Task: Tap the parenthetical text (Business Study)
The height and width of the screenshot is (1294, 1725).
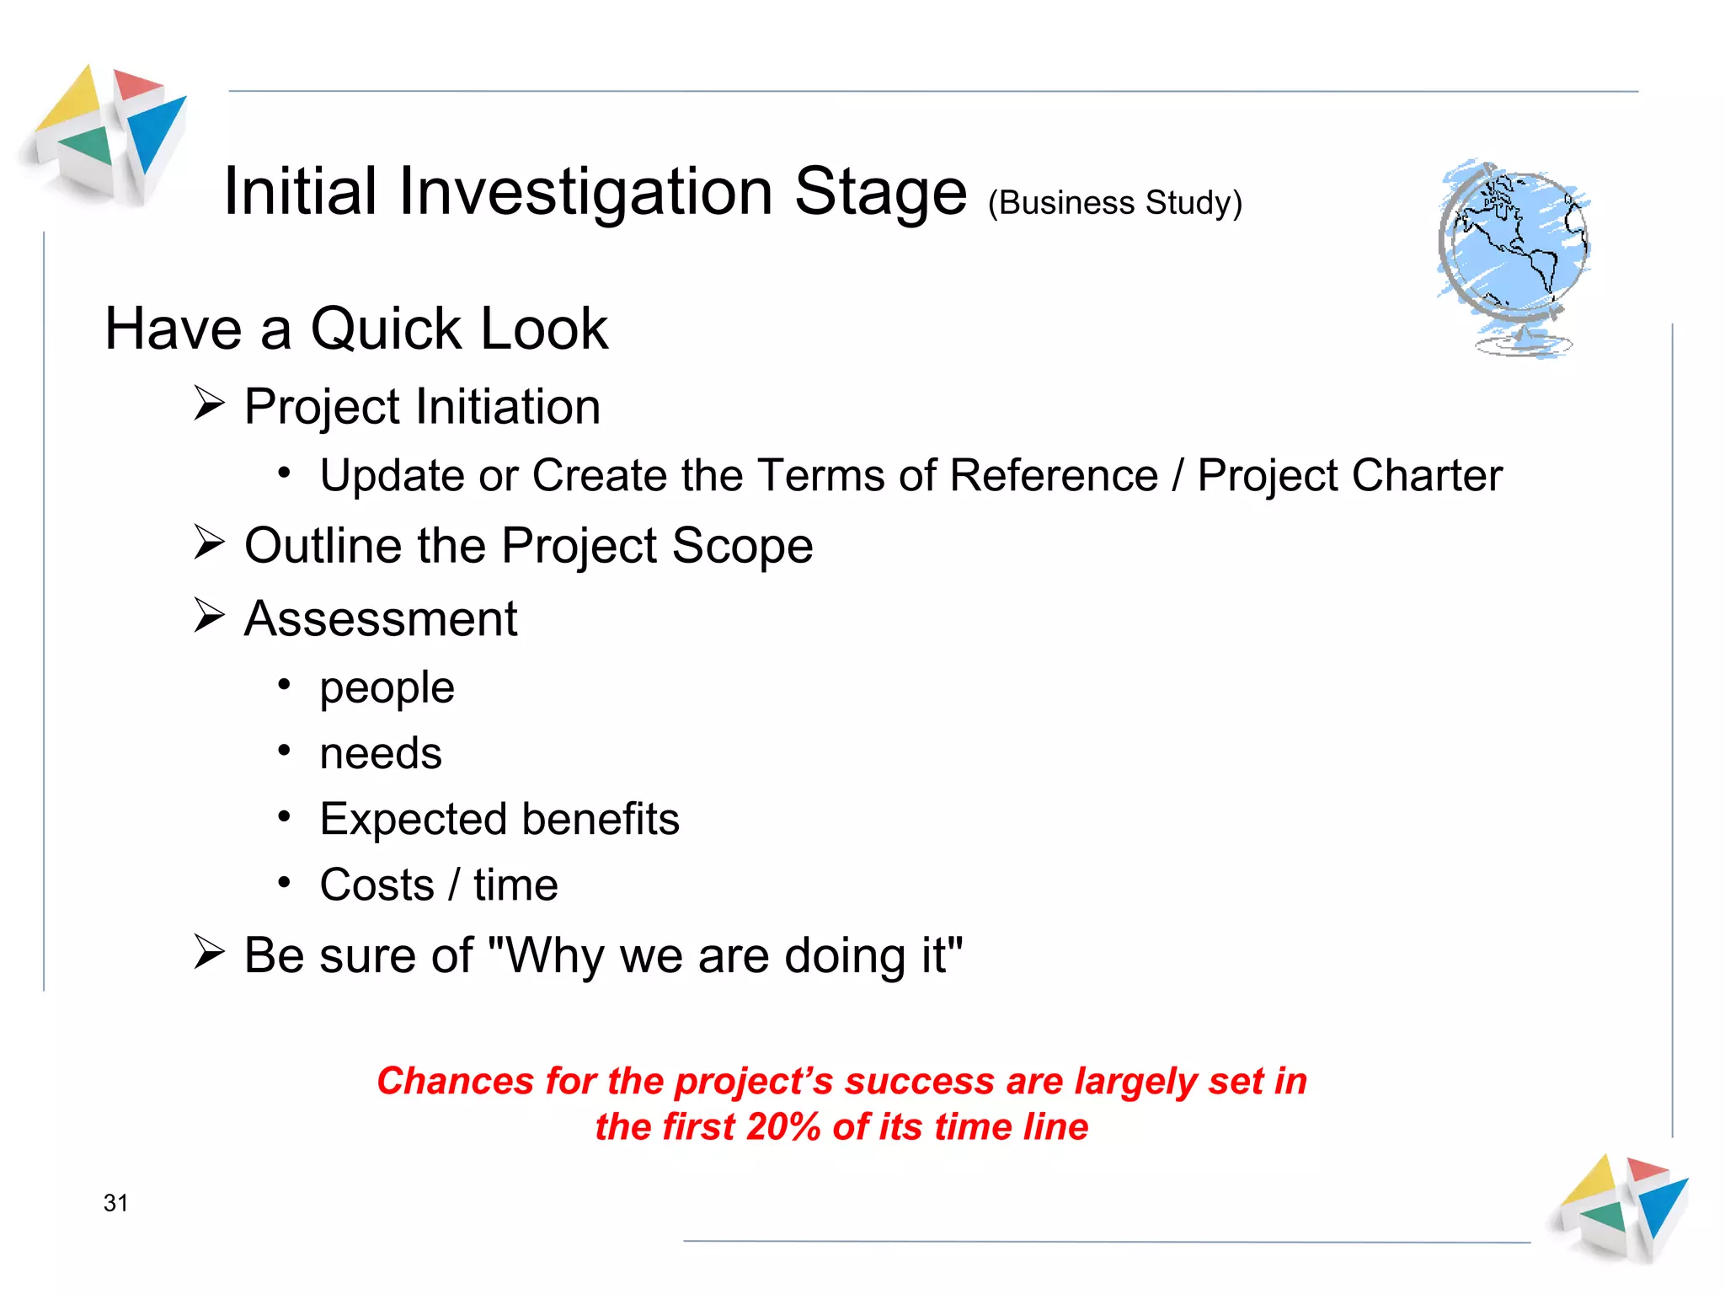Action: click(x=1114, y=203)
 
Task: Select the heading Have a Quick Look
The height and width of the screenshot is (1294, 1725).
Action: click(x=355, y=329)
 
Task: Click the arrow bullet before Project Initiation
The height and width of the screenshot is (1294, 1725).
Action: click(x=209, y=404)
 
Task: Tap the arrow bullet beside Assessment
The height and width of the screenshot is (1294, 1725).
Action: click(x=209, y=616)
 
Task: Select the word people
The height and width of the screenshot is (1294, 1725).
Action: click(x=387, y=688)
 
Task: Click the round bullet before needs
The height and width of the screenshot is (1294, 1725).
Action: click(x=285, y=750)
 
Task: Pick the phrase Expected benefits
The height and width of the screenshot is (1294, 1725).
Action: click(x=499, y=819)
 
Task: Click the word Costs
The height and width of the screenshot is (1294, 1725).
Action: click(x=377, y=885)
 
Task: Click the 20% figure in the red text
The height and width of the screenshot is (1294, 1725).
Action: click(x=782, y=1127)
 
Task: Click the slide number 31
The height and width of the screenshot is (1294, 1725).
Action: click(x=115, y=1203)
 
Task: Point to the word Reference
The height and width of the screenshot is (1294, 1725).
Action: click(x=1054, y=475)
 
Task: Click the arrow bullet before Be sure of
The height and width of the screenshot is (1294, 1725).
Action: click(x=209, y=953)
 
